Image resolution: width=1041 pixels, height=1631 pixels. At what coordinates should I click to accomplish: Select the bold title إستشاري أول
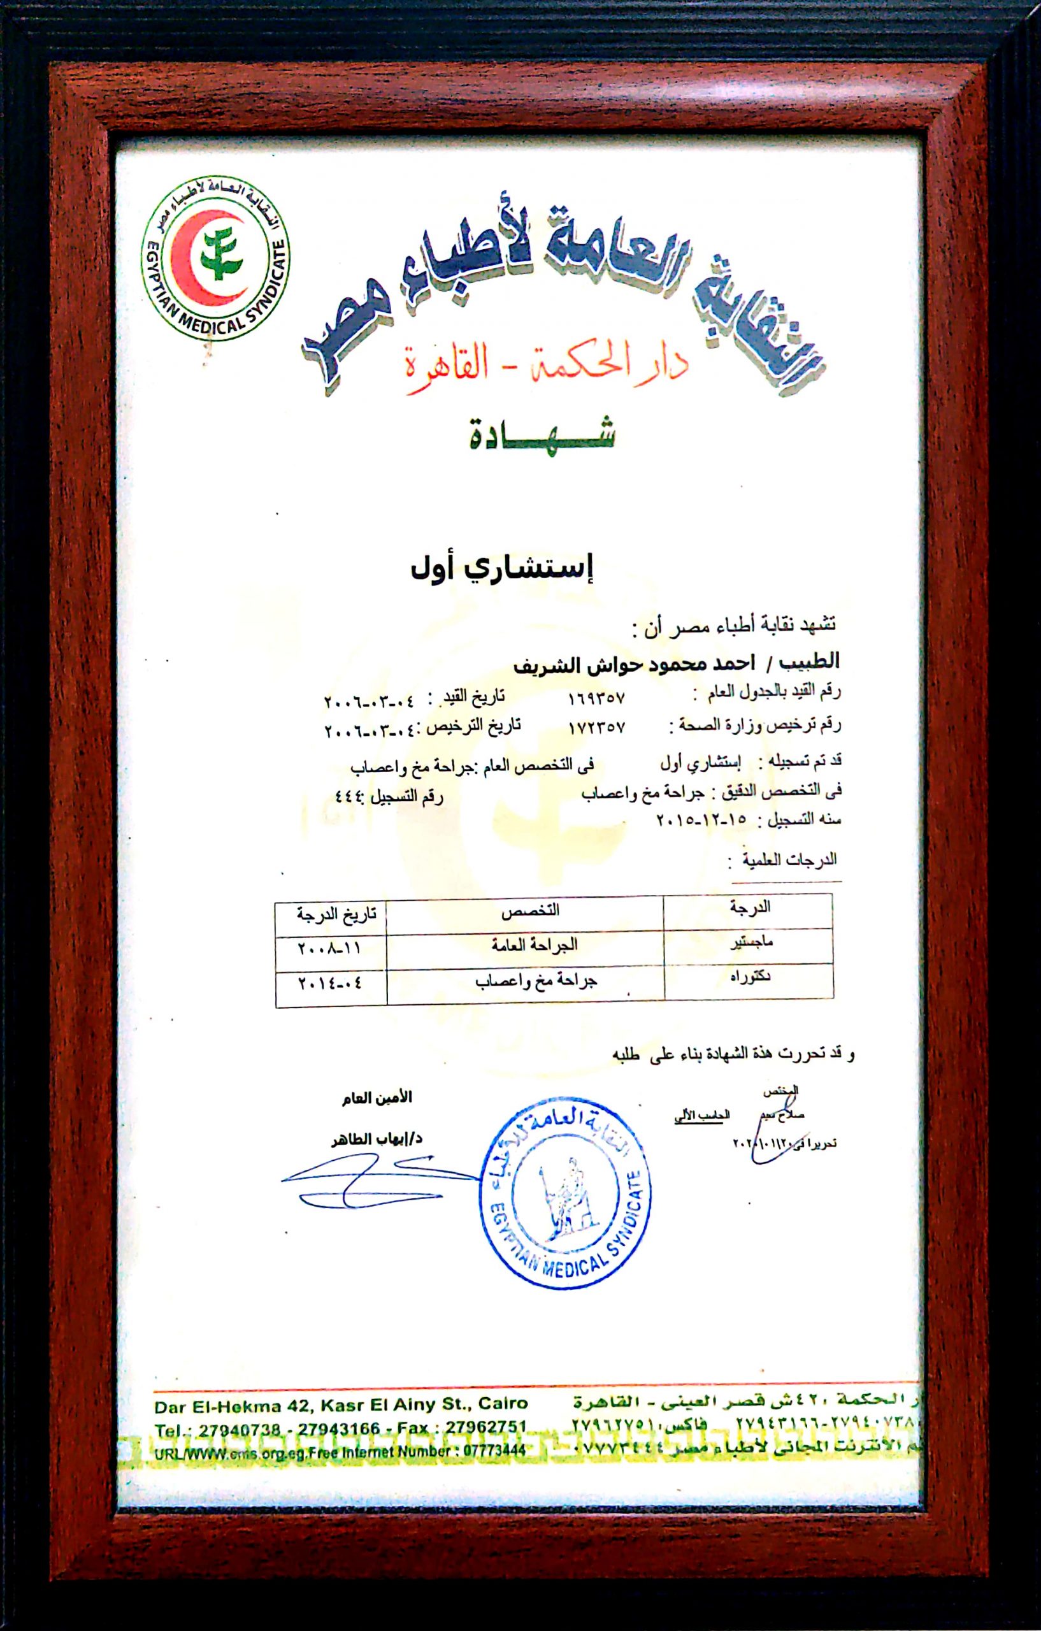point(502,568)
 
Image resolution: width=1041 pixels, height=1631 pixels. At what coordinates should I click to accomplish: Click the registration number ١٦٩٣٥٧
point(596,697)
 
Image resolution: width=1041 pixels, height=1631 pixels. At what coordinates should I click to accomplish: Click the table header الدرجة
point(750,908)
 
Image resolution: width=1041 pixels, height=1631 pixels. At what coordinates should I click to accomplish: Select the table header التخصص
point(529,911)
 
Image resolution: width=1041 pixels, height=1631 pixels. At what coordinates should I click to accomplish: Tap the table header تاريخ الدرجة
point(336,914)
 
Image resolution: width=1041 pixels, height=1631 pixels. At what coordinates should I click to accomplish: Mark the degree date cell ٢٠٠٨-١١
point(330,948)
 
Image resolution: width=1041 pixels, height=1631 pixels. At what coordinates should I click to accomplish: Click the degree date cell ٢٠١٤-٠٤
point(331,983)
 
